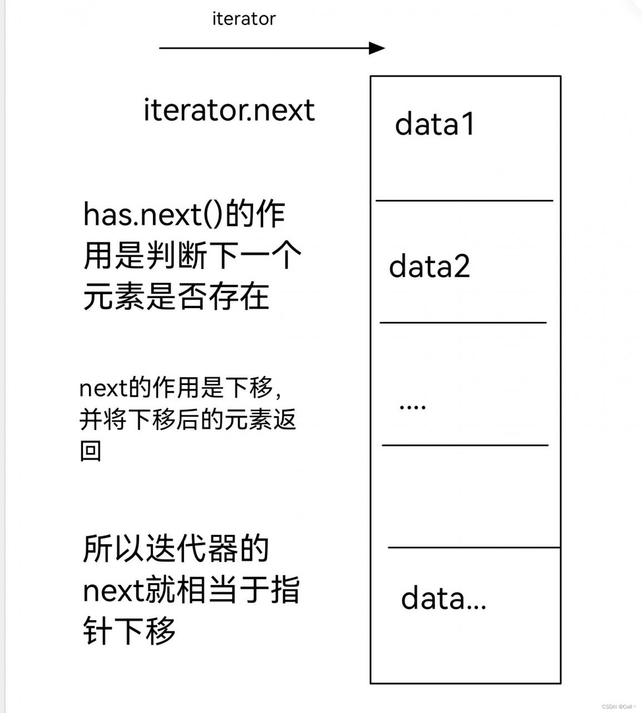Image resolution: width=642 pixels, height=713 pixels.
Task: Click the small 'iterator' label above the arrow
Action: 244,18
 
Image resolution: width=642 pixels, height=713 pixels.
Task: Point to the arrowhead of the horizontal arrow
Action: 377,48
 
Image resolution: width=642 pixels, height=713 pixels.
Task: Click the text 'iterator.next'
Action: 229,110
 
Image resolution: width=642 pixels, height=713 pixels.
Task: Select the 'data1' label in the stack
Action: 434,124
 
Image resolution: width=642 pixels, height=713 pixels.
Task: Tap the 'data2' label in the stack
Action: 429,266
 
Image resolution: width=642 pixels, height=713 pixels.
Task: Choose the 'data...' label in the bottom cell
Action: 443,599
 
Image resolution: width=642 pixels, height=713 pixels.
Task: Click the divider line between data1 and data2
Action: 465,201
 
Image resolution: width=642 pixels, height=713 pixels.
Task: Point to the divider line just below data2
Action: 463,323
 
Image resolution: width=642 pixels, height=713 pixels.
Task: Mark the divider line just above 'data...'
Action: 474,548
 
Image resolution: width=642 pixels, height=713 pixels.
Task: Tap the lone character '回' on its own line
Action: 91,451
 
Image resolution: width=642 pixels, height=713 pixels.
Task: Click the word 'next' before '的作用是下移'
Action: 103,388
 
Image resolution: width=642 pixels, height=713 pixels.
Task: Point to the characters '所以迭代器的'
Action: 176,549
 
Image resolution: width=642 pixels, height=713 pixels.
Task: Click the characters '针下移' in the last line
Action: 129,632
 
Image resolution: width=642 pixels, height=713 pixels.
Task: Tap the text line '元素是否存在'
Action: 176,296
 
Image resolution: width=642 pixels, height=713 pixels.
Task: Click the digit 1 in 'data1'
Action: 468,124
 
